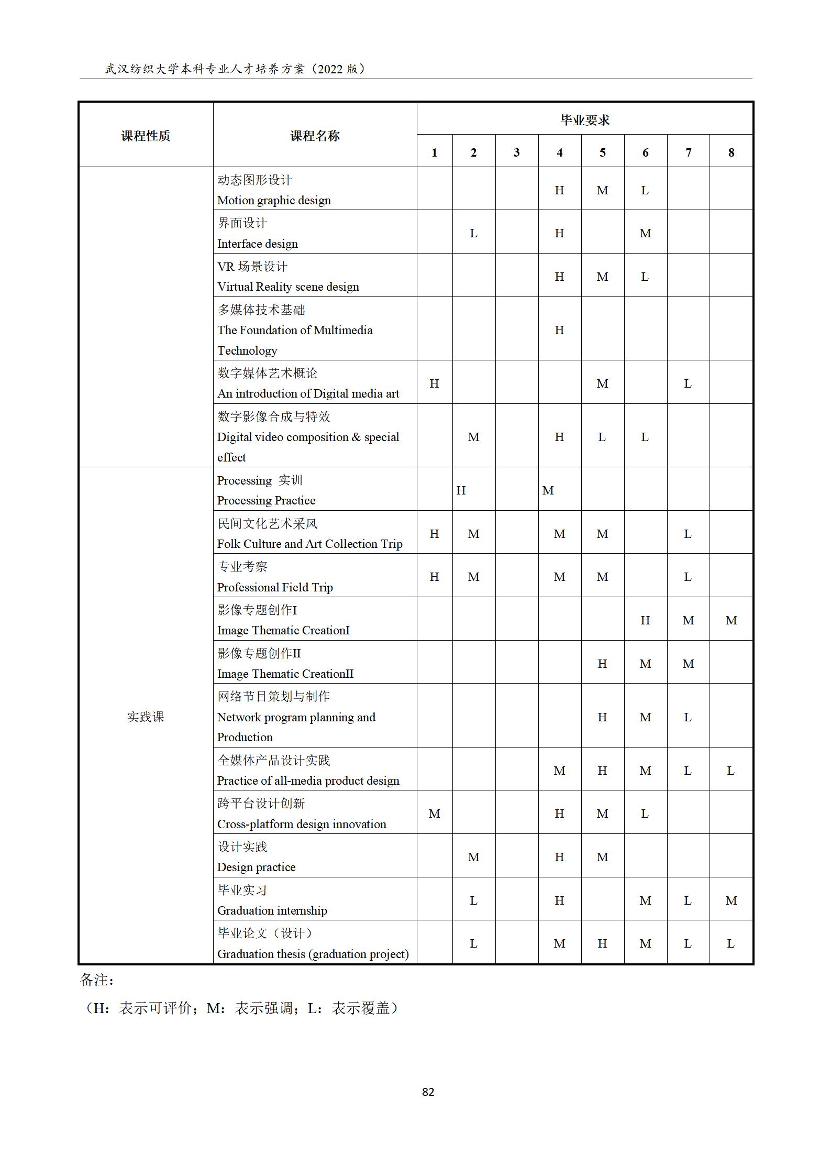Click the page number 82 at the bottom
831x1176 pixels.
pos(428,1092)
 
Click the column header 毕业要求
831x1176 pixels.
pos(585,120)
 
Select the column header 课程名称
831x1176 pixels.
pos(315,136)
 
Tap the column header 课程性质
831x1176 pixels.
pos(146,136)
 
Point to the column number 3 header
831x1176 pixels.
pos(516,152)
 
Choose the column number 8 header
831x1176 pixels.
pos(731,152)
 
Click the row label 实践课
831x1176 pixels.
pos(146,716)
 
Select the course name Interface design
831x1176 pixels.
pos(257,244)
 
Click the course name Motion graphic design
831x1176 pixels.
pos(274,200)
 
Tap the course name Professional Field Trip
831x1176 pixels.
pos(275,587)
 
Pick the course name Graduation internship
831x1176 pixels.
pos(272,910)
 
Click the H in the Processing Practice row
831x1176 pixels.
pos(461,490)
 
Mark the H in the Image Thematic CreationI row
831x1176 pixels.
pos(645,620)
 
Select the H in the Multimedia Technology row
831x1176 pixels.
pos(559,330)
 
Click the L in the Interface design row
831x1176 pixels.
pos(473,233)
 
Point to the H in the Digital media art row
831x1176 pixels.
pos(434,383)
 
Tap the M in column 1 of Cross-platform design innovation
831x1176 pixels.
pos(434,814)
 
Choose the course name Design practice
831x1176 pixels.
pos(256,867)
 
